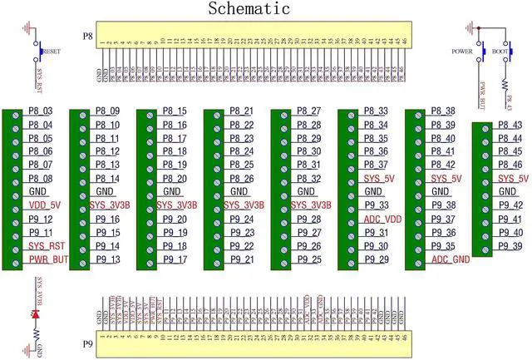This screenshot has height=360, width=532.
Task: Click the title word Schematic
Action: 249,9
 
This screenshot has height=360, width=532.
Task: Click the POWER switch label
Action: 461,51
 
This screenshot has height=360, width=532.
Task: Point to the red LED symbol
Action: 35,315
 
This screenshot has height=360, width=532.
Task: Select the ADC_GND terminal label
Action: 450,259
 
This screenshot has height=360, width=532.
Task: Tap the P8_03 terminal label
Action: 40,111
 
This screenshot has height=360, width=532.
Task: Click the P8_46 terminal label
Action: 510,165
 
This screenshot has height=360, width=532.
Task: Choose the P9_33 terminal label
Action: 377,206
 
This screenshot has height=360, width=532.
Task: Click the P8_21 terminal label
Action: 242,111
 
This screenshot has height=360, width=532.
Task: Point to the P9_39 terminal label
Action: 510,246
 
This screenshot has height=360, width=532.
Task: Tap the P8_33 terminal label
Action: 377,111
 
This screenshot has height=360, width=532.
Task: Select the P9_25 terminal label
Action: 309,260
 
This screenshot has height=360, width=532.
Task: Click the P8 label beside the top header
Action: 88,37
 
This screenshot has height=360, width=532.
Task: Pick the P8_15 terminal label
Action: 175,111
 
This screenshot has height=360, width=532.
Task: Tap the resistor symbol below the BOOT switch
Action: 505,84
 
